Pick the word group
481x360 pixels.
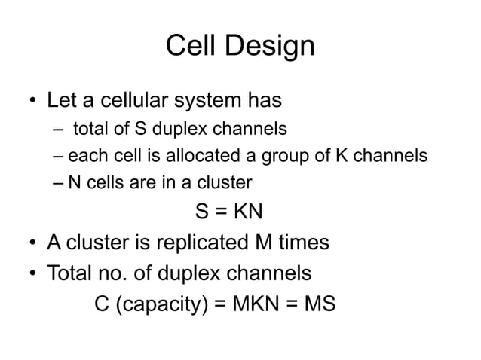[281, 157]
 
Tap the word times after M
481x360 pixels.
[297, 243]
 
